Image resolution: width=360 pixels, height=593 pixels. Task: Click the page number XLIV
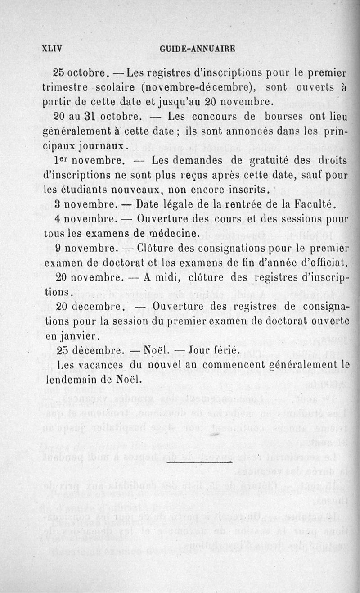point(51,48)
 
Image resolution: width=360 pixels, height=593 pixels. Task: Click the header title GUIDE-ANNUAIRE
point(198,48)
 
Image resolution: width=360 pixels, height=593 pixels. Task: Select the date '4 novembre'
point(84,219)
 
